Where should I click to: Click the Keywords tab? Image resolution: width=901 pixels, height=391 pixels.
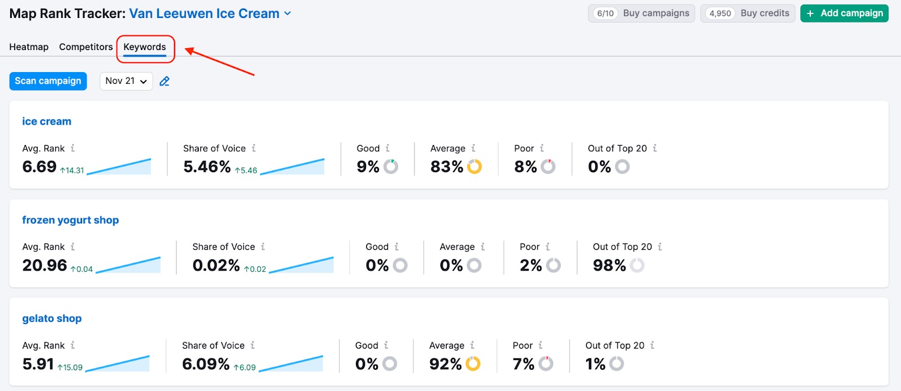[145, 47]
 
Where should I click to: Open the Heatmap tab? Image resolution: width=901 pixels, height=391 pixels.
[29, 47]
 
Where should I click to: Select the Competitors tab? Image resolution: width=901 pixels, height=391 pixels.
[86, 47]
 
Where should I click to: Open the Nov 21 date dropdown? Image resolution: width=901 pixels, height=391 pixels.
[126, 81]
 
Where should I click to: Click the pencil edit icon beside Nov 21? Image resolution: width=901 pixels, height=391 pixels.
[164, 81]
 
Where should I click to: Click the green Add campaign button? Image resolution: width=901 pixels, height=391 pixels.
[844, 14]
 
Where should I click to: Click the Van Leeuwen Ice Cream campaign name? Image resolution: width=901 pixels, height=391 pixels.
[204, 14]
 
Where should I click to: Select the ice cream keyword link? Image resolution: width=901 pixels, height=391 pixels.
[47, 122]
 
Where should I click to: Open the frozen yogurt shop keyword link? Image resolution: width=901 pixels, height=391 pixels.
[70, 220]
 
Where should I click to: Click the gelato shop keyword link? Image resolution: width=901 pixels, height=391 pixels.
[52, 318]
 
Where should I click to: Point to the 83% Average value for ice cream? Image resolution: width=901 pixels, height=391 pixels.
[447, 167]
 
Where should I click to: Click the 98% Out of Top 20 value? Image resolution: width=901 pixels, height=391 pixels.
[609, 266]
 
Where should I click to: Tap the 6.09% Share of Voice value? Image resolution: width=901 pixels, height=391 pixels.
[206, 364]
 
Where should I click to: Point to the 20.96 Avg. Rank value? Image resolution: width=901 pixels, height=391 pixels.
[44, 266]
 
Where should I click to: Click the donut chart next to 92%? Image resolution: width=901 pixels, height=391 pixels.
[473, 364]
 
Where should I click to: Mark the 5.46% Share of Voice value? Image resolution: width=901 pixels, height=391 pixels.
[207, 167]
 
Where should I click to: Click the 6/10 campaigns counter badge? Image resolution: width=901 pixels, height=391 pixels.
[605, 14]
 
